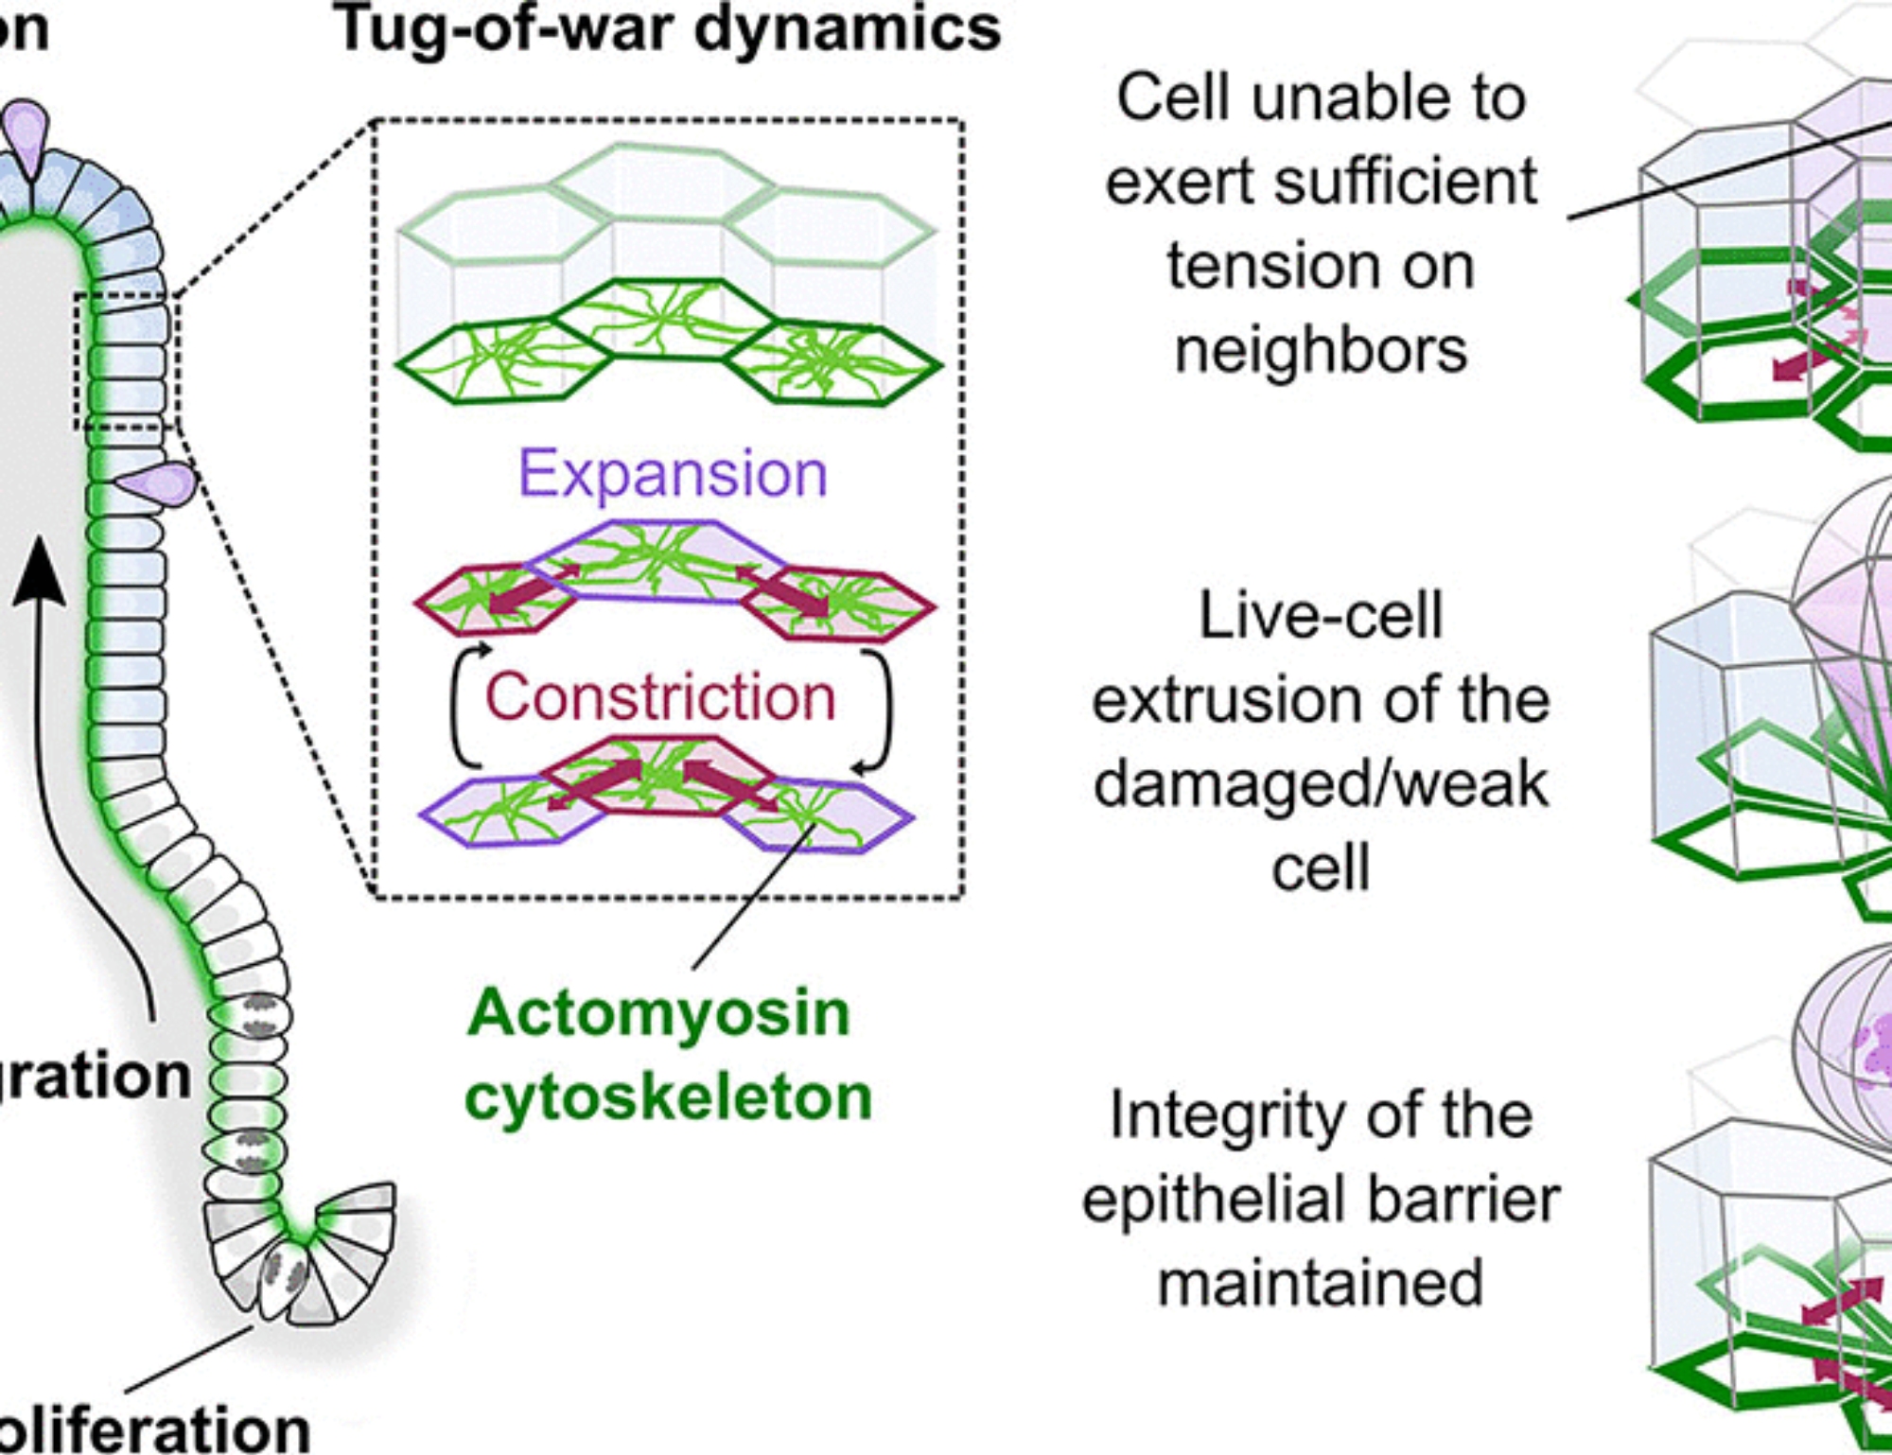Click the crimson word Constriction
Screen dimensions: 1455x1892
[x=660, y=697]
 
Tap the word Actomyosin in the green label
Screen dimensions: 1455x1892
[x=659, y=1013]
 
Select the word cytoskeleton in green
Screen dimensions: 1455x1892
[x=669, y=1097]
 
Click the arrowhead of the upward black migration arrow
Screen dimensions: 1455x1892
[x=39, y=572]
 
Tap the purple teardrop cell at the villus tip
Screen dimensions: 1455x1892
[x=26, y=132]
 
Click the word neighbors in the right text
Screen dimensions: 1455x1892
[x=1321, y=350]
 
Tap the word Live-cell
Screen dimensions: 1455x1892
[x=1321, y=616]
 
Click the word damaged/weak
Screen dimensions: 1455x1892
[x=1321, y=784]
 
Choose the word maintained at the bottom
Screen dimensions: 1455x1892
[x=1321, y=1284]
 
